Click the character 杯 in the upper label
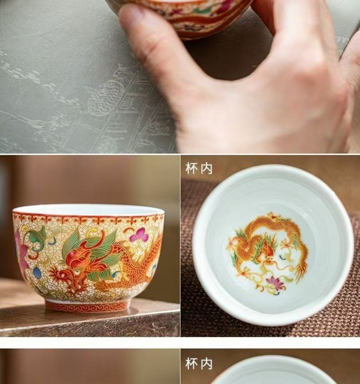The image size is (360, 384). [191, 168]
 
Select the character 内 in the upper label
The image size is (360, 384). [206, 168]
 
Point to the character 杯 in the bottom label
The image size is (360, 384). [191, 364]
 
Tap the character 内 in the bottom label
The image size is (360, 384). [206, 364]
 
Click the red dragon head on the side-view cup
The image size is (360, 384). [73, 267]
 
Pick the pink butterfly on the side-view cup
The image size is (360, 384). [139, 234]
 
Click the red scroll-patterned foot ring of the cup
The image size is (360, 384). [87, 306]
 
